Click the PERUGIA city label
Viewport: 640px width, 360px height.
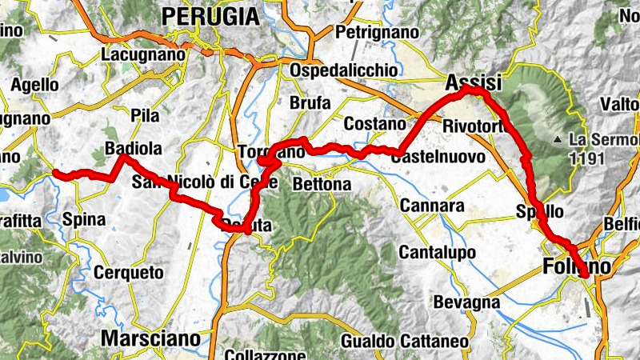click(x=210, y=15)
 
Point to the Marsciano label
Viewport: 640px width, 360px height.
click(x=151, y=338)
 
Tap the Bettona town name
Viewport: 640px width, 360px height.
click(x=322, y=185)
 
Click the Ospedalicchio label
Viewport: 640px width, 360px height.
click(x=344, y=70)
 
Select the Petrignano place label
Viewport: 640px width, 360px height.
click(x=378, y=33)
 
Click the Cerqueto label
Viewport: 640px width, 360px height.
click(x=129, y=273)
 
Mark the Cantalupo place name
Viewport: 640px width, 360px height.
click(x=433, y=253)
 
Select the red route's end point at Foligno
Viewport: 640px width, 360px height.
click(x=586, y=275)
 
